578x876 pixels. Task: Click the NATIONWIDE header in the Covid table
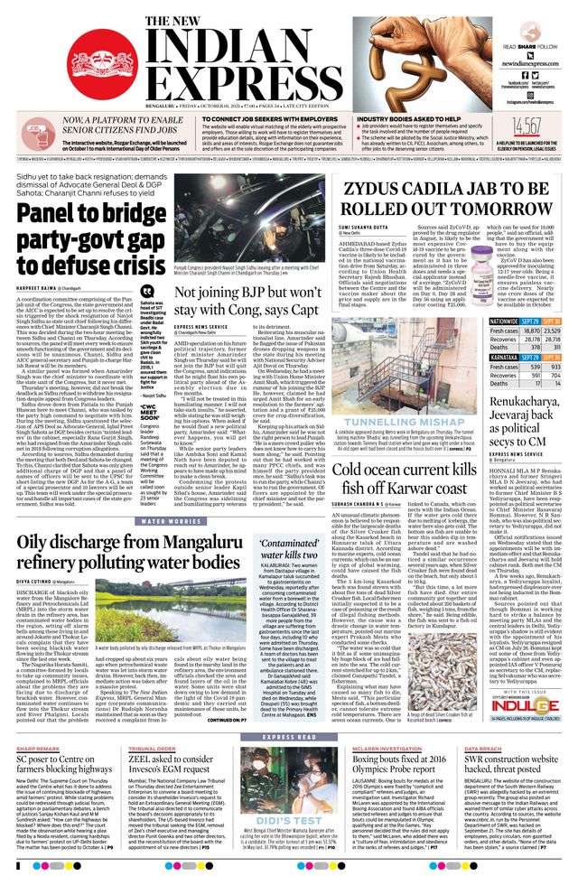[504, 322]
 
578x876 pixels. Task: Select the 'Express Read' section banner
[288, 713]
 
